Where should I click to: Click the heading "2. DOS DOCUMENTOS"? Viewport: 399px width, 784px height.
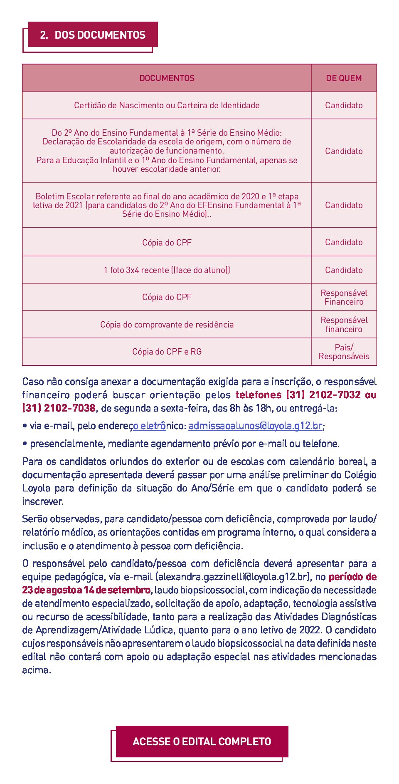[x=93, y=35]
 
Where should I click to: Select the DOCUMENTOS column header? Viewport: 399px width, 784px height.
[x=167, y=78]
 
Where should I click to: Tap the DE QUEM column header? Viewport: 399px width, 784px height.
[x=344, y=78]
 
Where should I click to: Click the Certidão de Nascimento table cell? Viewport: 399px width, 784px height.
[x=167, y=105]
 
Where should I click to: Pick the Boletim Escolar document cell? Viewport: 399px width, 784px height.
[x=167, y=205]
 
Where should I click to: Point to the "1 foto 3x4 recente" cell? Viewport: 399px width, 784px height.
[x=167, y=270]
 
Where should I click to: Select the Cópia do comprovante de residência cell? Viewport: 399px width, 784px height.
[x=167, y=325]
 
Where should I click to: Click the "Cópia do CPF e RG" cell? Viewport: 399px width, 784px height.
[x=167, y=352]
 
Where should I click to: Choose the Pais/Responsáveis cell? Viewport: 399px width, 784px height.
[x=344, y=352]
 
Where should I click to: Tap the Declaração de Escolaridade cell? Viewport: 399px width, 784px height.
[x=167, y=151]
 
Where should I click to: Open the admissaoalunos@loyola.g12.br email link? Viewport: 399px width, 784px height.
[x=255, y=426]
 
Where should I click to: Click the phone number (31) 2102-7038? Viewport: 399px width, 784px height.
[x=59, y=408]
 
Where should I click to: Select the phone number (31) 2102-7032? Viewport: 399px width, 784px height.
[x=324, y=394]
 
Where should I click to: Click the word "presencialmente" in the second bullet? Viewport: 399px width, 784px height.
[x=67, y=444]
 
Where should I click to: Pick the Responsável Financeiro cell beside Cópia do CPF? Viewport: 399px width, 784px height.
[x=344, y=297]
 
